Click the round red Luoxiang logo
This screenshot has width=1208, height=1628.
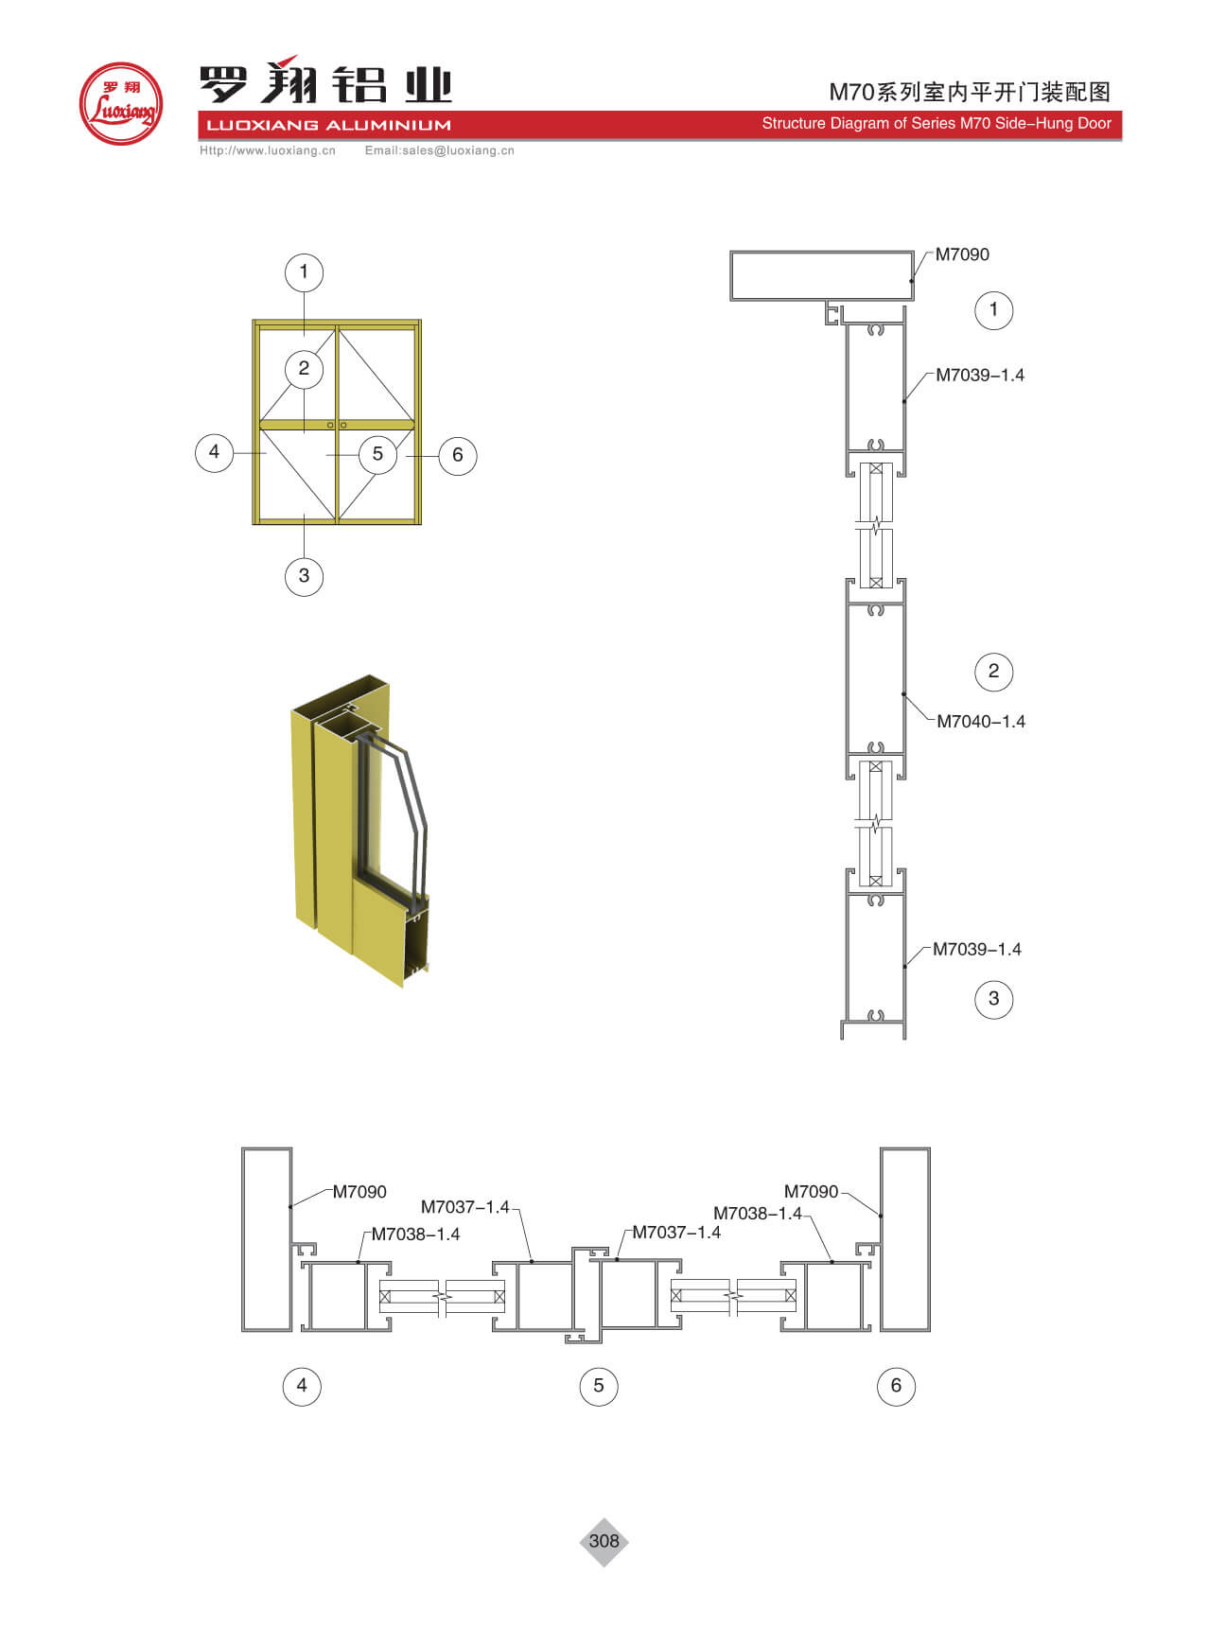click(121, 104)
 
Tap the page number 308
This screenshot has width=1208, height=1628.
click(604, 1541)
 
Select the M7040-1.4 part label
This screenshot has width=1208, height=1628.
click(981, 722)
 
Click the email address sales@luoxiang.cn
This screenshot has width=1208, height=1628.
click(440, 150)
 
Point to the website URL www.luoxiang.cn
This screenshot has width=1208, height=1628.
click(268, 150)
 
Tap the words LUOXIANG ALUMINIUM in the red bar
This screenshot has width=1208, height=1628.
click(328, 125)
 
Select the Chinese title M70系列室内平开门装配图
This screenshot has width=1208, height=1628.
click(970, 92)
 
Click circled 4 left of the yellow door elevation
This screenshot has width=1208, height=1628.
click(214, 452)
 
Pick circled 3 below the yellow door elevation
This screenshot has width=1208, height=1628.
click(304, 576)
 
